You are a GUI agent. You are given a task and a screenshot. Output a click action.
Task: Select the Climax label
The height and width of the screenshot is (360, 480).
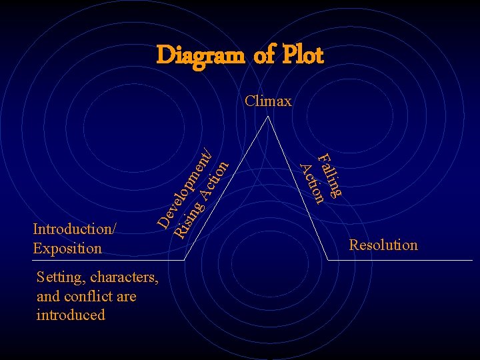coord(268,101)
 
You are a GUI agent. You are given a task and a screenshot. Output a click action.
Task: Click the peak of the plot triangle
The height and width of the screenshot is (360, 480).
coord(268,117)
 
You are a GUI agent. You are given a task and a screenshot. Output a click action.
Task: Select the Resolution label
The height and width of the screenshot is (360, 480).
coord(384,245)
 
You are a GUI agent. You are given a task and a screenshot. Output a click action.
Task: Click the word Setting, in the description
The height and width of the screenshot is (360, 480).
coord(60,277)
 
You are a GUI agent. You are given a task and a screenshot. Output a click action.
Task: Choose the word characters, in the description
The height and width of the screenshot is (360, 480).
coord(125,277)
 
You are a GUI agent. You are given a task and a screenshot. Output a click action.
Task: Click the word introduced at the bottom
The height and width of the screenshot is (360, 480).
coord(71,315)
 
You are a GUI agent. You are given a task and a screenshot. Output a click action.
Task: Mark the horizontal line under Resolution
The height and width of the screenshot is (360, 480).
coord(407,259)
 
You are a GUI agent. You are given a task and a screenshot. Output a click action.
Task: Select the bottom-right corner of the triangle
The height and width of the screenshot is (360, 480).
coord(331,259)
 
